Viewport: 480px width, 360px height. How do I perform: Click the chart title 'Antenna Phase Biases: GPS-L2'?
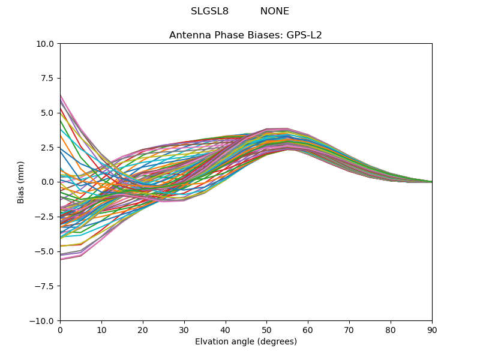[245, 35]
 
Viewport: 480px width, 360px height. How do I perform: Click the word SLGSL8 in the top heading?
[209, 11]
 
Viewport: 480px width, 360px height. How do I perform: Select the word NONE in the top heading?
[274, 11]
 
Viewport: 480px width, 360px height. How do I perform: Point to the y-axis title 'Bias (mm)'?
[21, 182]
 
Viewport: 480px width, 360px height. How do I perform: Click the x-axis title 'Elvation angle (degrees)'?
[245, 342]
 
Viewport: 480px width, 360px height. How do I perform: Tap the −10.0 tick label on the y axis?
[44, 321]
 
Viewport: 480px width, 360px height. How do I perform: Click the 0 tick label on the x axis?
[60, 329]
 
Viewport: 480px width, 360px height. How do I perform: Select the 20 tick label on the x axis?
[143, 329]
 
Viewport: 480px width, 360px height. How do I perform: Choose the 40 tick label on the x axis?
[226, 329]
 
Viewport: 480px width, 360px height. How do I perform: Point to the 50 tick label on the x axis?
[266, 329]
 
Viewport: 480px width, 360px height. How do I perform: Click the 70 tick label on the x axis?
[349, 329]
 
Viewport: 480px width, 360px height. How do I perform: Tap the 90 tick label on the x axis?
[432, 329]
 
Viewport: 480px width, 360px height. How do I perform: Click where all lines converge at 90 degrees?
[431, 182]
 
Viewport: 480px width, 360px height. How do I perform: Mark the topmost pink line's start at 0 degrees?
[61, 95]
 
